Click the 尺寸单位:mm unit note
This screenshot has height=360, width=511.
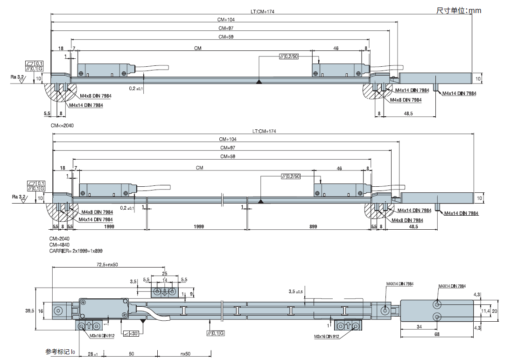[458, 10]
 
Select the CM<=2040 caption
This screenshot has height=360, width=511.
[62, 126]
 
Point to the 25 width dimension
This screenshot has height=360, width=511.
[164, 274]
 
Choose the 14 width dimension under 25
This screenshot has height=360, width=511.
[164, 280]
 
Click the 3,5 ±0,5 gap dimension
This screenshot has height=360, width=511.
[296, 292]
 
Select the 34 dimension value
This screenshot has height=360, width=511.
[419, 327]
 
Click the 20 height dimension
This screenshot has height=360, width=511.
[495, 311]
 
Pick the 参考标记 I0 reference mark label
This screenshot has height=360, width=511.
[60, 352]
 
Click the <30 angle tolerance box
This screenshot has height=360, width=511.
[132, 333]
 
